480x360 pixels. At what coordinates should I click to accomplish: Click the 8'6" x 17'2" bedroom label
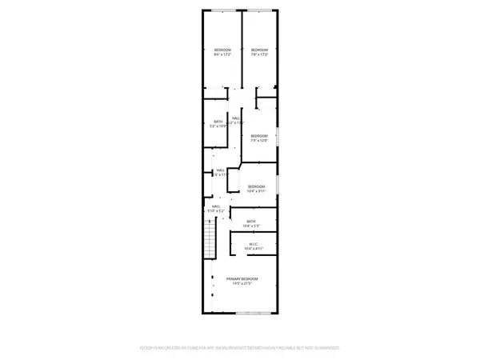[222, 51]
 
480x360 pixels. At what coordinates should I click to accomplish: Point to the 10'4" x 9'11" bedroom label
[255, 189]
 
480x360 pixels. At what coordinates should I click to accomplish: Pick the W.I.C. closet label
[252, 245]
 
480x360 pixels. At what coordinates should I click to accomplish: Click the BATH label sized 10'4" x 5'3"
[251, 222]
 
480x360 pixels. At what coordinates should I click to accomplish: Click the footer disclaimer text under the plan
[239, 348]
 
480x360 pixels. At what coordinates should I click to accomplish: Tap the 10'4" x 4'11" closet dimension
[252, 250]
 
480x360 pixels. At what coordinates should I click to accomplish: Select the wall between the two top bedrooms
[240, 48]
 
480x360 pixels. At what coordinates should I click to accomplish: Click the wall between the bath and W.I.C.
[254, 232]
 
